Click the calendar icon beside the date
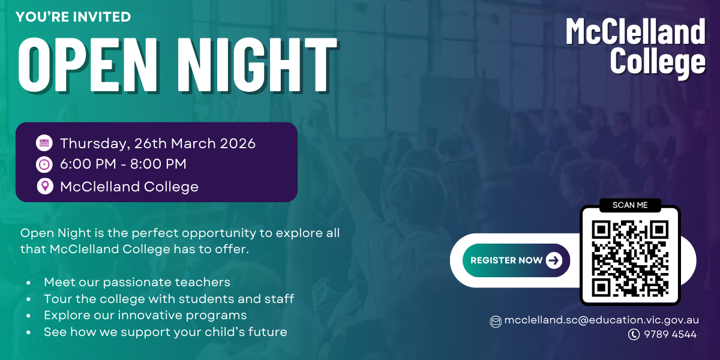[x=44, y=143]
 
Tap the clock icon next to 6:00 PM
[x=44, y=164]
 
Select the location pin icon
[x=45, y=187]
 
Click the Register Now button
[x=516, y=260]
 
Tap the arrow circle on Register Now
[x=554, y=260]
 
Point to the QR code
[x=630, y=259]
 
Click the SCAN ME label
[x=630, y=205]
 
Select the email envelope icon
[x=496, y=322]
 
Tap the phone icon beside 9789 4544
[x=634, y=334]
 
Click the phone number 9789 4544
[x=670, y=334]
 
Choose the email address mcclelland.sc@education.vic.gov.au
[x=602, y=320]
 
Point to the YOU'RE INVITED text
[x=73, y=17]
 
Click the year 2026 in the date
[x=238, y=143]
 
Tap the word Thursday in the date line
[x=95, y=144]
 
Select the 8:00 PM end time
[x=158, y=164]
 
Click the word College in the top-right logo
[x=658, y=62]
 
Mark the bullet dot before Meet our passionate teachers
[x=29, y=283]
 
